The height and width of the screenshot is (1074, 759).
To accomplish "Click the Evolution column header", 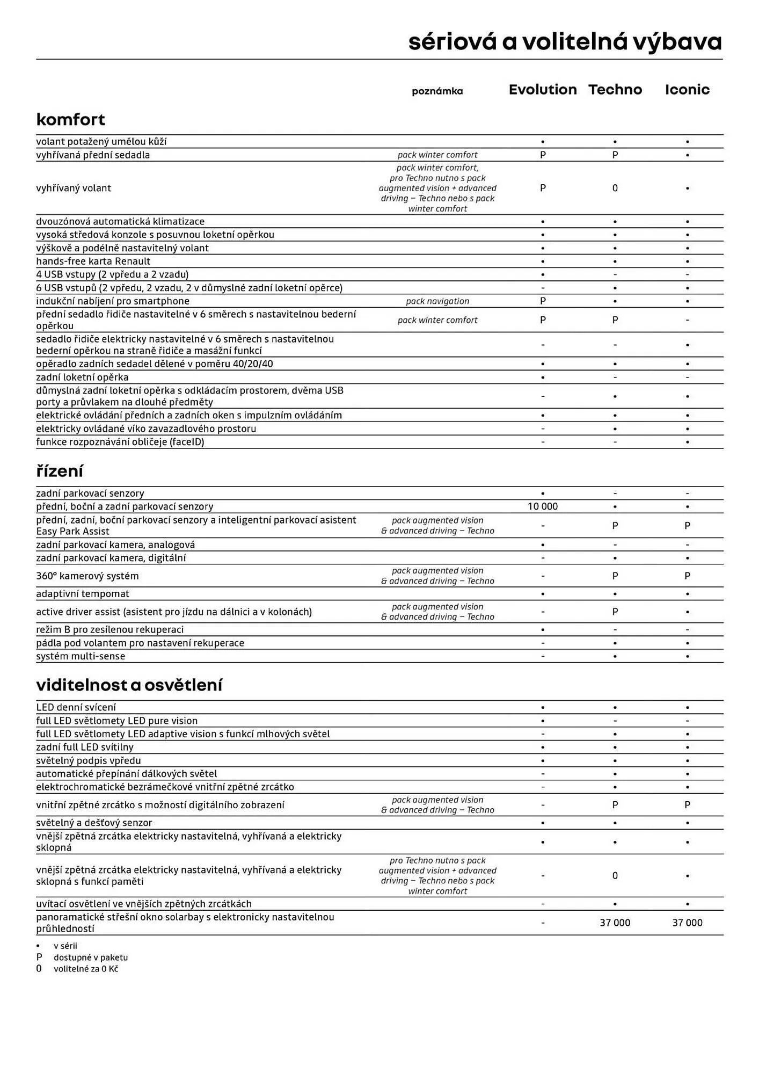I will pos(543,90).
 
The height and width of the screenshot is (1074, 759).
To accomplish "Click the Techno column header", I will pos(615,90).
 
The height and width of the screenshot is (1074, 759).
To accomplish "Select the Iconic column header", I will pos(687,90).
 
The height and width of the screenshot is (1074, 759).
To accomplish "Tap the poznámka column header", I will pos(437,91).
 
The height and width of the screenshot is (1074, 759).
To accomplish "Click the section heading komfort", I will pos(70,119).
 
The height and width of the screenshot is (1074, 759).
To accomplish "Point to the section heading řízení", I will pos(60,471).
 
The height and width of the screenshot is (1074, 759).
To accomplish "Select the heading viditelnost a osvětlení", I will pos(129,685).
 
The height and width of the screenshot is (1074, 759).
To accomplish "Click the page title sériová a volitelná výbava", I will pos(565,42).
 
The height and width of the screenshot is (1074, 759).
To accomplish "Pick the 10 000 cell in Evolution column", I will pos(543,506).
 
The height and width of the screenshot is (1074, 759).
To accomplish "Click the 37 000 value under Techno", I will pos(615,923).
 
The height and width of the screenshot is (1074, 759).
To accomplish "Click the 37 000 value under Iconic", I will pos(687,923).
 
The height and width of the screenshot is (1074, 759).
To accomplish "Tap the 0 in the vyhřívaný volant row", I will pos(615,188).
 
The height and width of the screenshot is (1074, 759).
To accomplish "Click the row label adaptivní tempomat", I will pos(83,593).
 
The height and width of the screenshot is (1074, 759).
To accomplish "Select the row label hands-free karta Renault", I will pos(93,261).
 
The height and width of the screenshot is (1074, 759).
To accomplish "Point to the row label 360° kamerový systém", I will pos(87,576).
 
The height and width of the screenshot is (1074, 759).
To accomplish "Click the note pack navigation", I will pos(437,301).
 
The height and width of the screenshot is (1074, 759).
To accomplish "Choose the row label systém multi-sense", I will pos(81,656).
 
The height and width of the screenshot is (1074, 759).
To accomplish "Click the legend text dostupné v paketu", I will pos(91,957).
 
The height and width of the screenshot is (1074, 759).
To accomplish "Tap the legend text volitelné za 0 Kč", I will pos(86,969).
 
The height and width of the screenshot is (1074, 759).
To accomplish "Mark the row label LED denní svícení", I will pos(76,707).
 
